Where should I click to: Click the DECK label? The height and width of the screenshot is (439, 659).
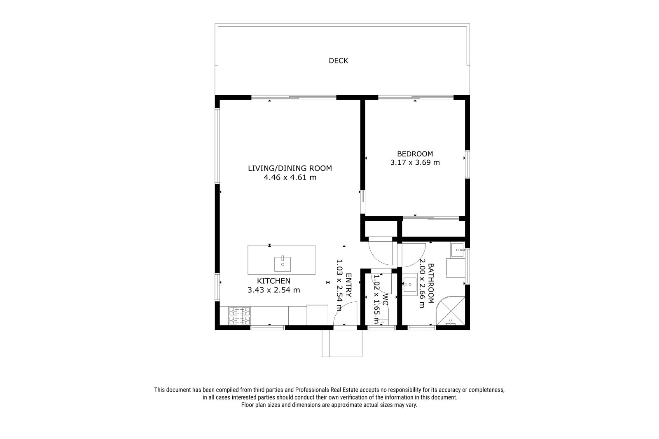[x=338, y=61]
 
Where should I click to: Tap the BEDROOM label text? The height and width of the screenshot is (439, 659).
[x=415, y=154]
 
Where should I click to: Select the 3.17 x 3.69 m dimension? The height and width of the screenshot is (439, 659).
[x=415, y=162]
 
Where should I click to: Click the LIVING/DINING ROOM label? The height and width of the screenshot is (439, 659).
[x=290, y=168]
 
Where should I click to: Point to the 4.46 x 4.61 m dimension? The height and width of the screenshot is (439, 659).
[x=290, y=177]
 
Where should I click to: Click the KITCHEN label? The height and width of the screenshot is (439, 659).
[x=273, y=281]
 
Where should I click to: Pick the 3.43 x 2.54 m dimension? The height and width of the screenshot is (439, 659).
[x=273, y=290]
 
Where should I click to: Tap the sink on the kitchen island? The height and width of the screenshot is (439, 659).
[x=283, y=264]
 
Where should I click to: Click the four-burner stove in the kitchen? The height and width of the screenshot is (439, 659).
[x=239, y=316]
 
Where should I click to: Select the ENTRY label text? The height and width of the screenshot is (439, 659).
[x=348, y=285]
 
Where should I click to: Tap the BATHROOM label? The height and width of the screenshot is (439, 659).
[x=430, y=283]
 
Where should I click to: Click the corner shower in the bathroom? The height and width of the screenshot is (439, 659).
[x=450, y=311]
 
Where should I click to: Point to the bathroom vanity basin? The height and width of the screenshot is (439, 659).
[x=409, y=284]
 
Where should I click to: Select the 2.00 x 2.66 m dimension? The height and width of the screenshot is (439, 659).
[x=422, y=283]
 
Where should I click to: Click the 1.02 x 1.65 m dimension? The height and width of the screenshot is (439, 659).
[x=376, y=299]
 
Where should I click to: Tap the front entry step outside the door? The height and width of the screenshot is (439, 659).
[x=342, y=343]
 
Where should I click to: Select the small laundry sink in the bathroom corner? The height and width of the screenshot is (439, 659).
[x=458, y=250]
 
